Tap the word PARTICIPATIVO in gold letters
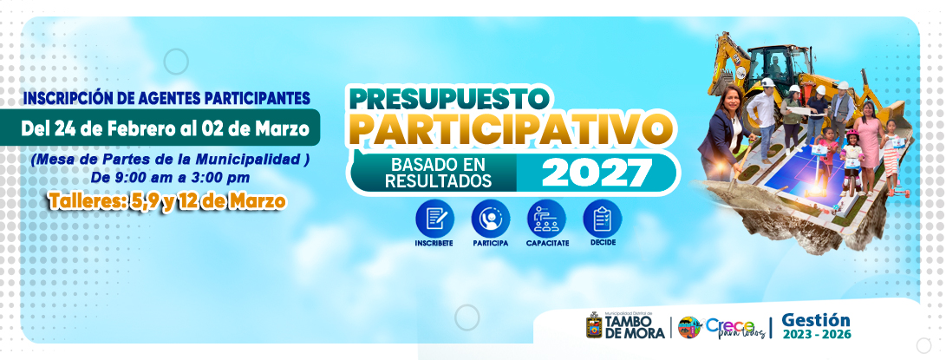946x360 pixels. click(512, 129)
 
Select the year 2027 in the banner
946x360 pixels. click(597, 173)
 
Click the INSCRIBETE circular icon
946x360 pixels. click(434, 219)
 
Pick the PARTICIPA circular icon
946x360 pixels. click(491, 219)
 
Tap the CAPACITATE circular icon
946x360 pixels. click(546, 219)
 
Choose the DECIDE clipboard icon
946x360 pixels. click(602, 219)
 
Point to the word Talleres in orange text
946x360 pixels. click(85, 202)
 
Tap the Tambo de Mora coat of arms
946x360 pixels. click(594, 325)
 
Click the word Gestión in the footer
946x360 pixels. click(816, 320)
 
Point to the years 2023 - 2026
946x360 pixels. click(817, 335)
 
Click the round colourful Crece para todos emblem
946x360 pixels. click(689, 327)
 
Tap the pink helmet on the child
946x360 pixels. click(851, 134)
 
